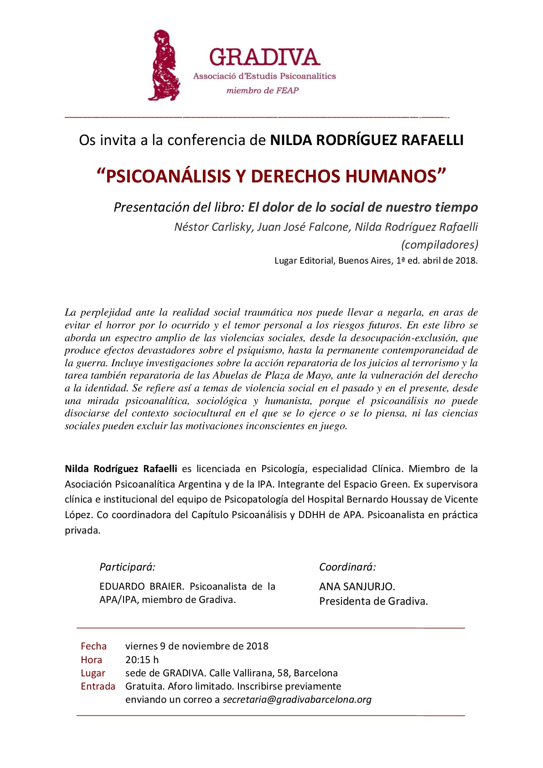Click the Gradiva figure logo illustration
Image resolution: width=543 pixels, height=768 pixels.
[163, 65]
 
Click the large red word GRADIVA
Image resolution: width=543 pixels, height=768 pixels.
[264, 57]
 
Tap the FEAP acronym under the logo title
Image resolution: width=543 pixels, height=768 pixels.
[287, 90]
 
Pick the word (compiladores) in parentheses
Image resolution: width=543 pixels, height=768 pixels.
[440, 245]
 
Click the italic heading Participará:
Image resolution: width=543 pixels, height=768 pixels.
[127, 567]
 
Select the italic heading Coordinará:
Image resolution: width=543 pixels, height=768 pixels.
[347, 567]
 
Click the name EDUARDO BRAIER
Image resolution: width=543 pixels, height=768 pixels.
[141, 586]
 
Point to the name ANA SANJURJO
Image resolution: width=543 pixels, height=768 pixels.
[357, 586]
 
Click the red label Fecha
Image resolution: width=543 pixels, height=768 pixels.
[93, 646]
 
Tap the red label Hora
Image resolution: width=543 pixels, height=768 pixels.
[91, 660]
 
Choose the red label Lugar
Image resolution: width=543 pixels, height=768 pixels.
[93, 673]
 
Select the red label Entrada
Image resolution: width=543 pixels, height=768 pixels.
[98, 686]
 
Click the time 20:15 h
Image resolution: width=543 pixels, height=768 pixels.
[142, 660]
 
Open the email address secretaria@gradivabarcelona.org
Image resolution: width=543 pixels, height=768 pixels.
[297, 700]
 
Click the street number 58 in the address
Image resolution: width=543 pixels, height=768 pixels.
[283, 673]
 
